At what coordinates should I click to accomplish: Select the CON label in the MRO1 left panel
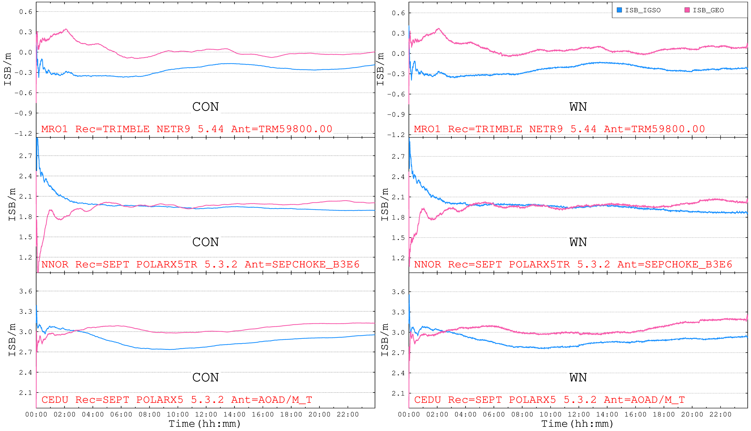tap(205, 107)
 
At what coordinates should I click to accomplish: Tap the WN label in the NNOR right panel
tap(578, 242)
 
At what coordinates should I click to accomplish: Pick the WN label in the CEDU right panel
tap(578, 378)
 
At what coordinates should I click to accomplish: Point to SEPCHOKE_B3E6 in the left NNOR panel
tap(316, 264)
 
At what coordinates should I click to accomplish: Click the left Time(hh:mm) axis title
tap(204, 424)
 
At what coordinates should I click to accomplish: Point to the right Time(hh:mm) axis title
tap(577, 424)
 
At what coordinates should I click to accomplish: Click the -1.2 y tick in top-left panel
tap(23, 133)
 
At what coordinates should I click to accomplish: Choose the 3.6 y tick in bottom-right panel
tap(398, 292)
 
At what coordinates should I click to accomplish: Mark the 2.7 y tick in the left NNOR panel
tap(25, 156)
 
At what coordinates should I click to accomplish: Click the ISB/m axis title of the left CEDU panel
tap(12, 340)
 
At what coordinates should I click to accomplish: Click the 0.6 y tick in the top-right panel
tap(398, 13)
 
